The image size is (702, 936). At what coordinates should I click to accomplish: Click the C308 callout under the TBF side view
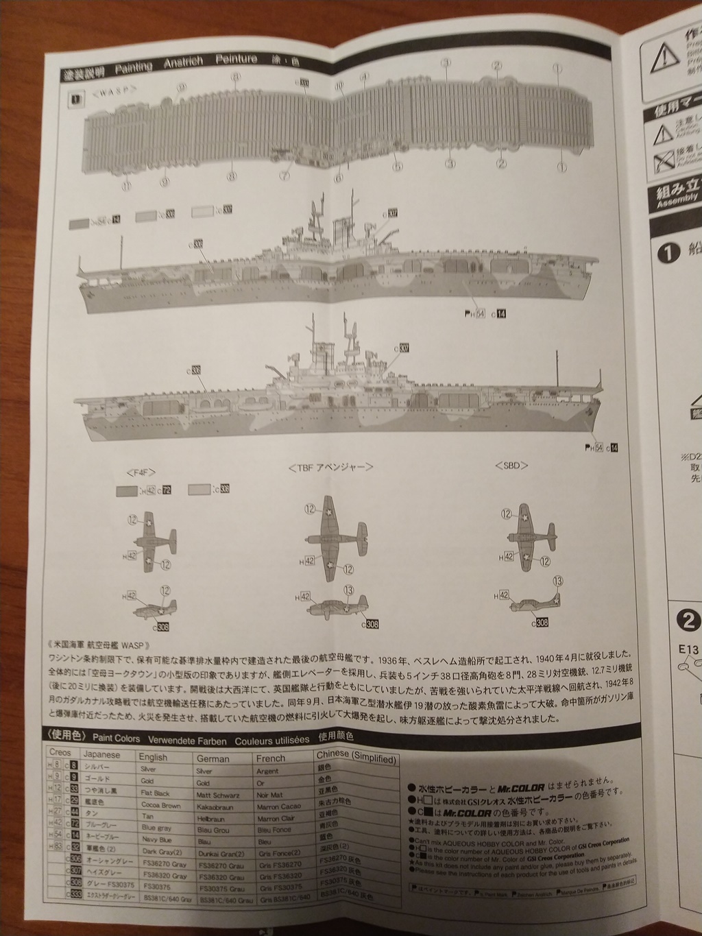coord(370,623)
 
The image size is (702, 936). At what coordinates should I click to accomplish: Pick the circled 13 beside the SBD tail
coord(558,581)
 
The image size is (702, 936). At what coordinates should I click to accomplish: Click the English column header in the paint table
coord(152,757)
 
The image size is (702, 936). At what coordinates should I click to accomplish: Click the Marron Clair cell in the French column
coord(276,817)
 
